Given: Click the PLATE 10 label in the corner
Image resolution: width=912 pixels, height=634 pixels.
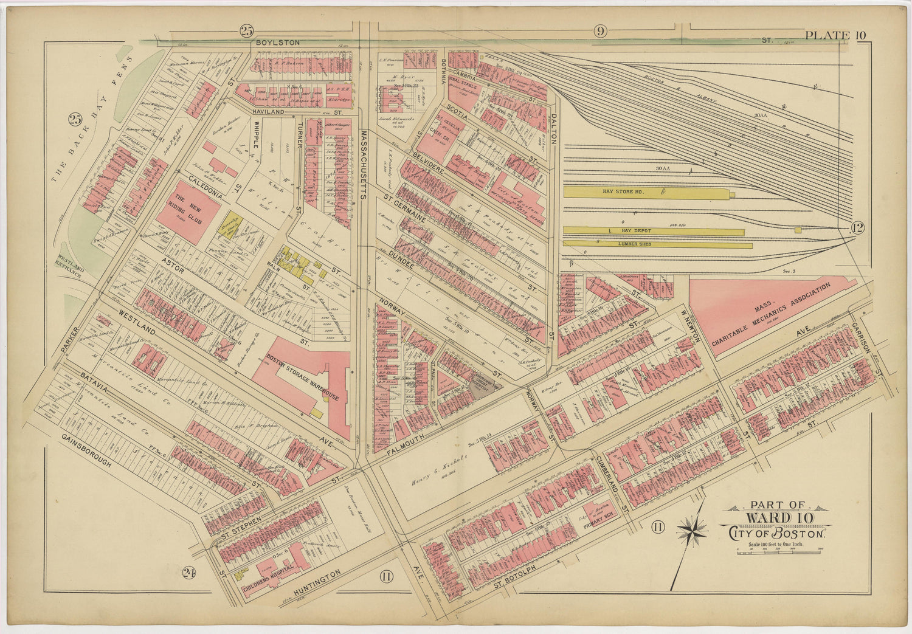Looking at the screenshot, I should click(x=835, y=35).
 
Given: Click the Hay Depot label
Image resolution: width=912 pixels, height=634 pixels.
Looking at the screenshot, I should click(x=635, y=232).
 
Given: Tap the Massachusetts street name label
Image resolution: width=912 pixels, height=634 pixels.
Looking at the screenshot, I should click(x=364, y=164).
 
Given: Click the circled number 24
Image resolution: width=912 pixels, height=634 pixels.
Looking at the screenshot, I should click(x=188, y=571).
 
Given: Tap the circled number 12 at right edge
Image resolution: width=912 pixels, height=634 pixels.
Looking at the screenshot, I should click(x=857, y=229).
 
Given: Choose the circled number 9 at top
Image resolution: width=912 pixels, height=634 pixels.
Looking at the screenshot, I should click(x=601, y=31).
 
